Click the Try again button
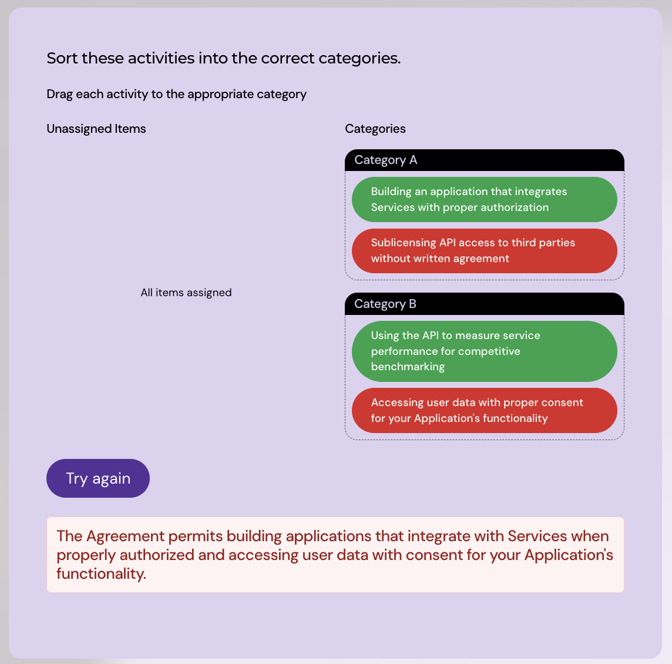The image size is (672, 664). coord(98,478)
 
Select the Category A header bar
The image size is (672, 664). coord(484,160)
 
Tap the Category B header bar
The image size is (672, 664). coord(484,304)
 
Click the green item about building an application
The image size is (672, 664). coord(484,199)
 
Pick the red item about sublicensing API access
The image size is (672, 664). coord(484,251)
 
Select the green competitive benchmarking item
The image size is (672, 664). coord(484,351)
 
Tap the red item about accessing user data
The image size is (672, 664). coord(484,410)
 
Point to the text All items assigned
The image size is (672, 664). coord(186,293)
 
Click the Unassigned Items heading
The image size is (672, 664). coord(96,129)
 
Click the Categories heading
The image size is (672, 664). coord(375,129)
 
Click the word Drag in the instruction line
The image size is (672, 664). coord(60,94)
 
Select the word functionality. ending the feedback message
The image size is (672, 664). coord(101,574)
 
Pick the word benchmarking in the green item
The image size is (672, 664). coord(408,367)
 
